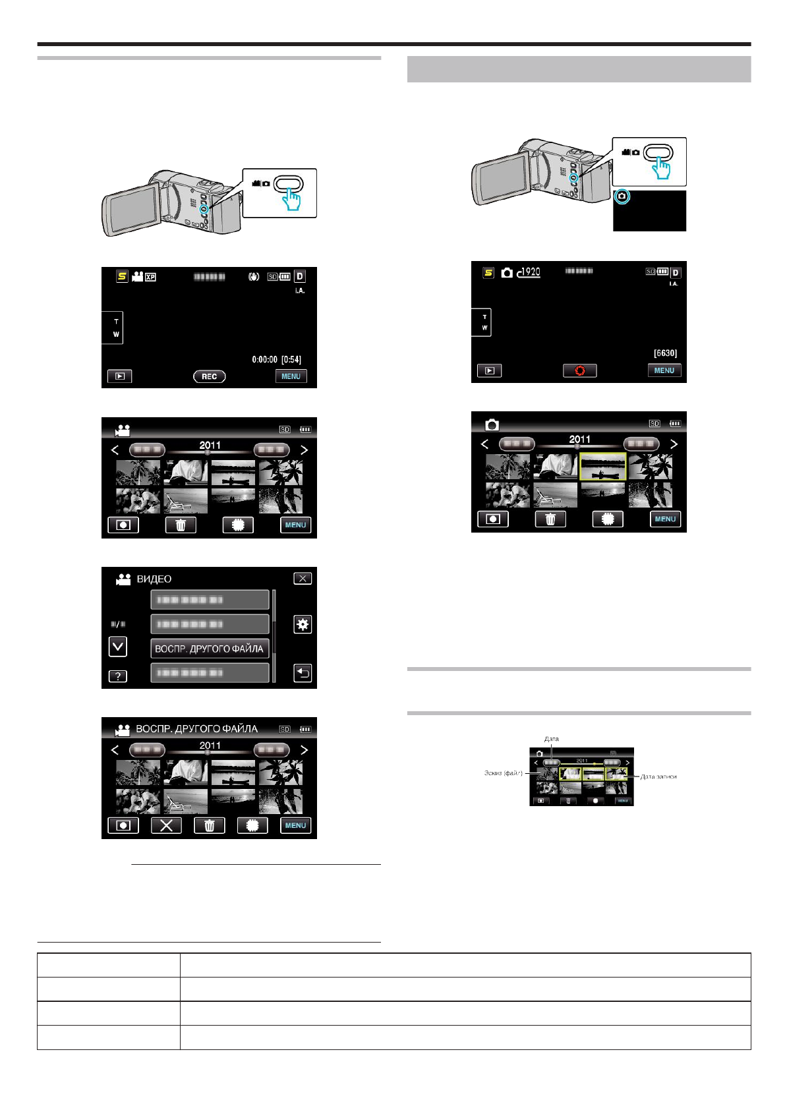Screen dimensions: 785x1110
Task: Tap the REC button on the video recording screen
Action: pos(209,376)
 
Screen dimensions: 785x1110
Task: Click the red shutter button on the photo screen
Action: pos(579,370)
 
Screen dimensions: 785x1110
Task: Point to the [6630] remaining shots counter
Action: pos(665,353)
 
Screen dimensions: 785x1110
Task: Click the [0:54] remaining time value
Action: pos(291,360)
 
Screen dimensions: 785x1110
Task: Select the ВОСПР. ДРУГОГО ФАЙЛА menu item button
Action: pos(210,649)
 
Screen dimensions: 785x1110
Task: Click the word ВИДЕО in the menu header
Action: pos(154,579)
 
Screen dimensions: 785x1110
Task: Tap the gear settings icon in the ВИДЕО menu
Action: pos(303,624)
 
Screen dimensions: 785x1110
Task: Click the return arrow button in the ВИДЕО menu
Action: pos(303,673)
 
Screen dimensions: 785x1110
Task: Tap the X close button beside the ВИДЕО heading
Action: pos(303,578)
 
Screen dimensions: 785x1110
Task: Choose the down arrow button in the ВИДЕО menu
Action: pos(117,647)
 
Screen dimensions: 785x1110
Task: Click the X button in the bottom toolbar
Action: pos(166,825)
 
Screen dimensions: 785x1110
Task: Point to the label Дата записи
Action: pos(658,776)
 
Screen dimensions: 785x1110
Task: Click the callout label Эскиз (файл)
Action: pos(503,773)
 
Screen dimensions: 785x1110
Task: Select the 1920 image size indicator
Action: pos(529,272)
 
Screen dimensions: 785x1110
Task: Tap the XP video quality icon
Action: pos(150,277)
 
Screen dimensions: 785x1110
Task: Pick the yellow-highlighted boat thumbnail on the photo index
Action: pos(602,466)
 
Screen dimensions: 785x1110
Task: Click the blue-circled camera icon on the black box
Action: pos(622,196)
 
